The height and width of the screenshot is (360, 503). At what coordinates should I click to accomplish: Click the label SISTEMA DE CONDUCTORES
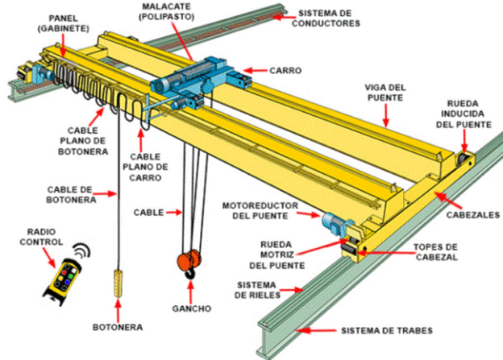325,19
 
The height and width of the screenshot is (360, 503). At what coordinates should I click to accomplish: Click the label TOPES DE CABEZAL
434,252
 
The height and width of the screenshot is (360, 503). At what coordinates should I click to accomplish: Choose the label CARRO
285,70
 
